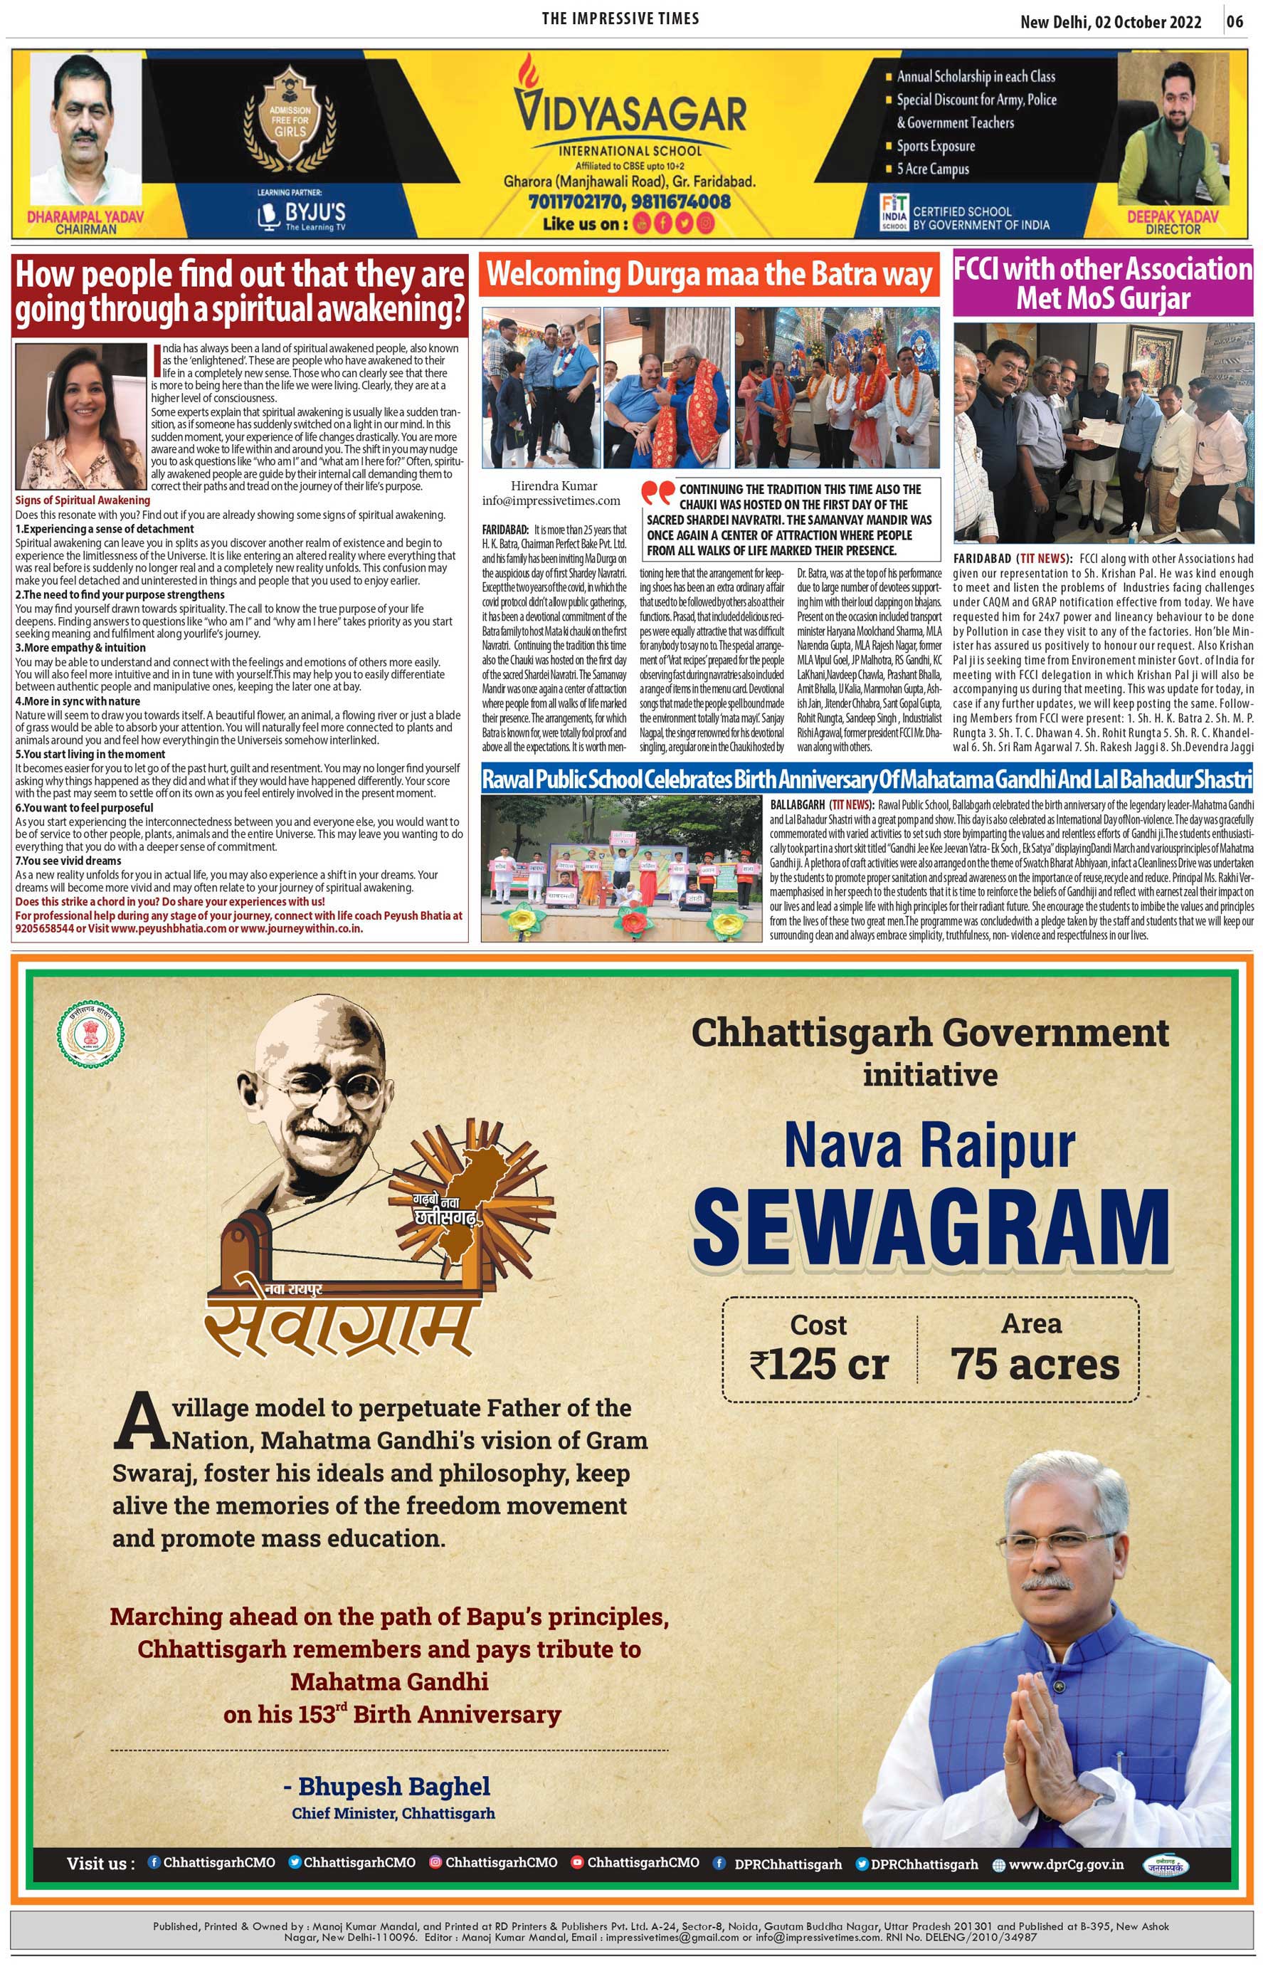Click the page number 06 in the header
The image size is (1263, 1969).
coord(1235,21)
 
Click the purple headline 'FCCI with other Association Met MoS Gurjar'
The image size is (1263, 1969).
coord(1103,284)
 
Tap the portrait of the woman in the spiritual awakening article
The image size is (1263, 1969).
coord(80,416)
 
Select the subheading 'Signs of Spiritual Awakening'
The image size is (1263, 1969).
coord(83,500)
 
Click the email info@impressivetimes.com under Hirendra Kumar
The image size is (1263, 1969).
coord(551,500)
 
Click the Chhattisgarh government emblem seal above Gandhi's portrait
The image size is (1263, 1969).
coord(92,1035)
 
